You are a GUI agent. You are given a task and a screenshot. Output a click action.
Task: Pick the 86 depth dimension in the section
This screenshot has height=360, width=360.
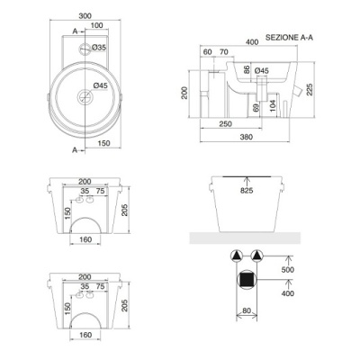click(x=247, y=69)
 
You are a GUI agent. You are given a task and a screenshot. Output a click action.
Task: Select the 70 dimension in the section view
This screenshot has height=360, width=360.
click(x=225, y=52)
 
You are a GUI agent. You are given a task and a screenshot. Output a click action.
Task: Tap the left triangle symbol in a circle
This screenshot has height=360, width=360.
click(x=236, y=256)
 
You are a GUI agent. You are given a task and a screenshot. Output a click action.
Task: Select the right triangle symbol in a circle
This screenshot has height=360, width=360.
click(x=258, y=256)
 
